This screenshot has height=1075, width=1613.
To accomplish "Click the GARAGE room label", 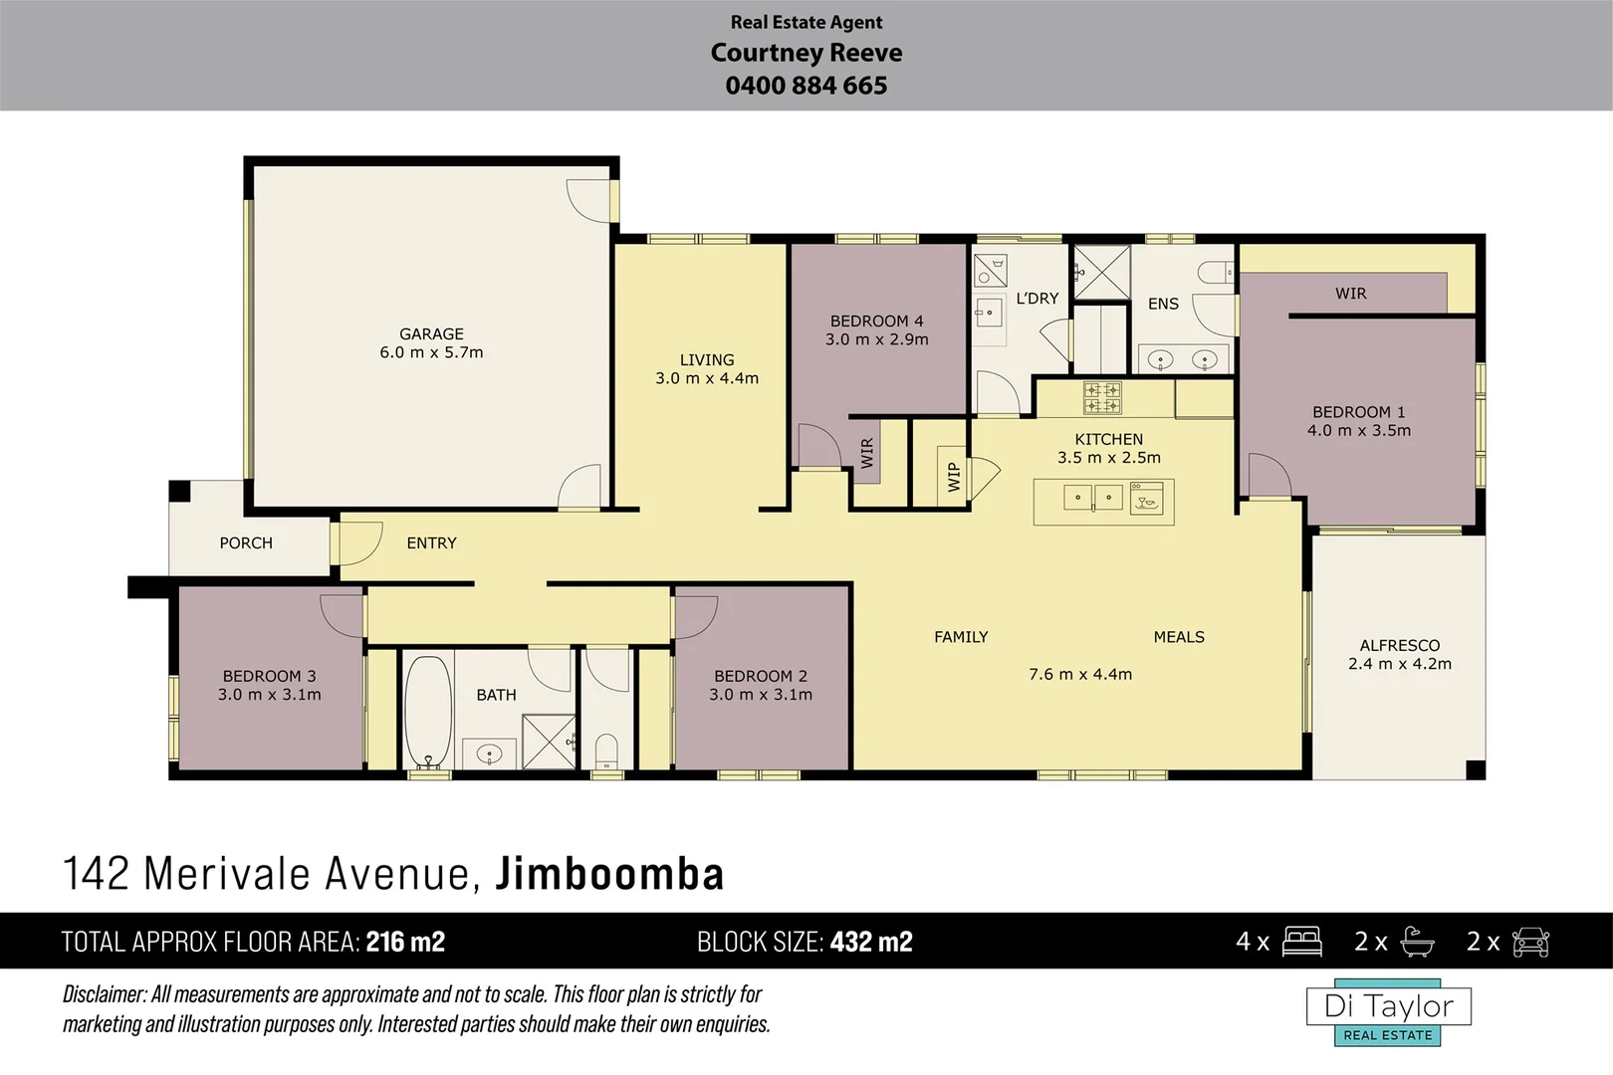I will tap(431, 334).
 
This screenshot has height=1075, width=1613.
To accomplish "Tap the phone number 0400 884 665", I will tap(806, 86).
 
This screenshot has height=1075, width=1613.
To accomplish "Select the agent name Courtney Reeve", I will tap(806, 53).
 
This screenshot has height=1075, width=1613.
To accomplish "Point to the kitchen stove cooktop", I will tap(1102, 398).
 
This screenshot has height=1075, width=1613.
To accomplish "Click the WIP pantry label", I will tap(954, 477).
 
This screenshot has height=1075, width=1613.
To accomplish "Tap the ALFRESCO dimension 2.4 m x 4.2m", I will tap(1399, 664).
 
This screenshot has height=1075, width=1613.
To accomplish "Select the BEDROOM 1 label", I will tap(1358, 412).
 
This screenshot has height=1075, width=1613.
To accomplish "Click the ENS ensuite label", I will tap(1163, 304).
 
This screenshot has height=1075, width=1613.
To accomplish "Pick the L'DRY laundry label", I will tap(1037, 299).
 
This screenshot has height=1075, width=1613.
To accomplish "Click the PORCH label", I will tap(246, 543).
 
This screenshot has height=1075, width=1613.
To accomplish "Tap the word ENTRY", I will tap(431, 543).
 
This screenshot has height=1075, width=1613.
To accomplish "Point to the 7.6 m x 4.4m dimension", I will tap(1079, 675).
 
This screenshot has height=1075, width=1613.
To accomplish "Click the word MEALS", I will tap(1178, 637).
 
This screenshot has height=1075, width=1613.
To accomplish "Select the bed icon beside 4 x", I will tap(1301, 942).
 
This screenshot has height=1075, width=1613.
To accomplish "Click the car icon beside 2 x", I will tap(1530, 942).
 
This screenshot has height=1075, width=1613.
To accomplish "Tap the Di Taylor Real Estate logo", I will tap(1388, 1014).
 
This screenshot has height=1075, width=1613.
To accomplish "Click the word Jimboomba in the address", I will tap(609, 874).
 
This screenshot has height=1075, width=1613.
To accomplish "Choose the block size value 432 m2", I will tap(870, 942).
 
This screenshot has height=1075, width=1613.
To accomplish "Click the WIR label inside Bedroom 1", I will tap(1350, 294).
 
